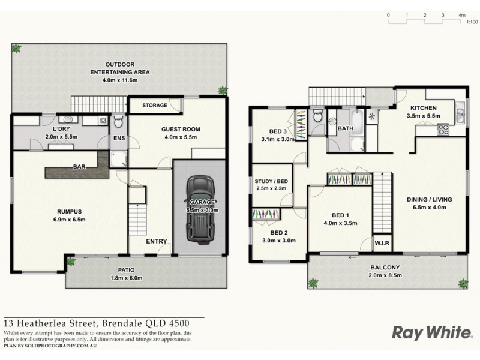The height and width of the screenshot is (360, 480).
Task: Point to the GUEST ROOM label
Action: click(180, 129)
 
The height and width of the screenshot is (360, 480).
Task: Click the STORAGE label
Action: click(154, 106)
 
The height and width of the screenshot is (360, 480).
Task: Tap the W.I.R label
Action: click(380, 243)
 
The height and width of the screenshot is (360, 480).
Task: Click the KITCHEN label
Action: click(423, 107)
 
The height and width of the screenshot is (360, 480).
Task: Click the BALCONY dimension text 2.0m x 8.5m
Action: click(385, 276)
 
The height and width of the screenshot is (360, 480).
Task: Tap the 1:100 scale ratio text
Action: click(472, 22)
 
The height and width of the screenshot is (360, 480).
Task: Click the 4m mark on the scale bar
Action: click(462, 14)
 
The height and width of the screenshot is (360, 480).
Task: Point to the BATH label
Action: click(346, 128)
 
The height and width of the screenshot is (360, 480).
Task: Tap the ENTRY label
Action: click(157, 241)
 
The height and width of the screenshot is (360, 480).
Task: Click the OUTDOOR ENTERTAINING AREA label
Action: click(120, 68)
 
